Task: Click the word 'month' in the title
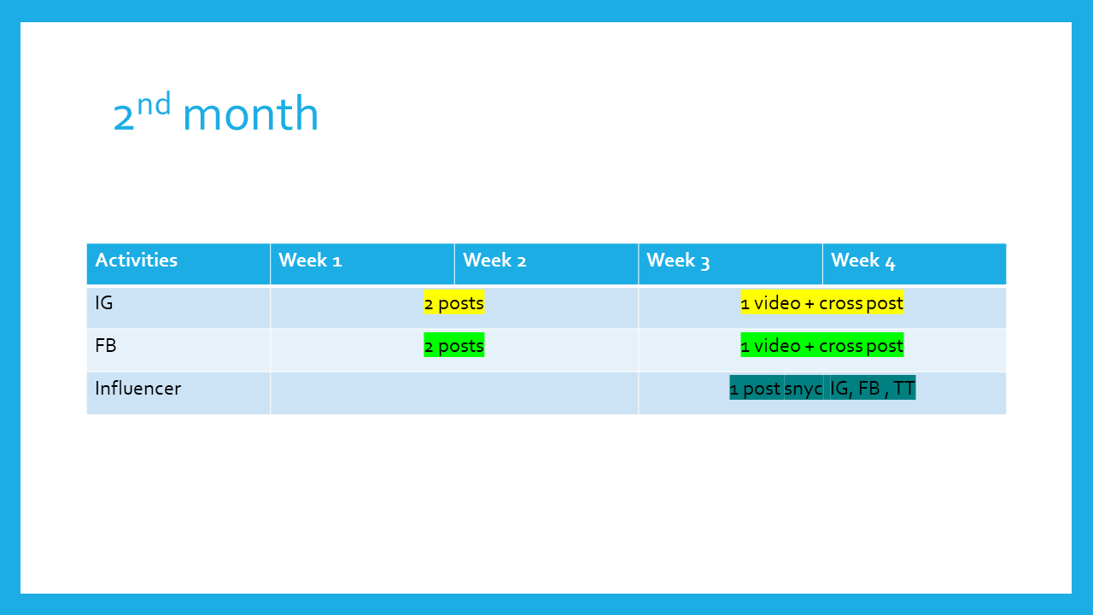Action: (250, 114)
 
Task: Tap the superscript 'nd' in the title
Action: (154, 103)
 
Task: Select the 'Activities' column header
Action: (136, 261)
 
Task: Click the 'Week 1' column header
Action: (310, 261)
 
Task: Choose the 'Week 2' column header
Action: (494, 261)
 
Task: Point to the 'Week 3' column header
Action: (678, 261)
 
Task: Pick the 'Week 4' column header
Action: (862, 261)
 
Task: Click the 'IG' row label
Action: (104, 303)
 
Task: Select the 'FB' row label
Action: (105, 346)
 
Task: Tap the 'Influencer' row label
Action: (138, 389)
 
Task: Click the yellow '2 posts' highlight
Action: (453, 303)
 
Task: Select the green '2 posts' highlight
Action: (453, 346)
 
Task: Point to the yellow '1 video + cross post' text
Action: (821, 303)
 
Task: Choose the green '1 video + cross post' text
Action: (821, 346)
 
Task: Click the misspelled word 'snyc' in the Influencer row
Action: (804, 389)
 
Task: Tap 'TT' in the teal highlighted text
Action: (903, 389)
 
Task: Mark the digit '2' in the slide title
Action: (124, 118)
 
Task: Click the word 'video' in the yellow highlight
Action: (777, 303)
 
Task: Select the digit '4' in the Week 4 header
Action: (890, 262)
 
